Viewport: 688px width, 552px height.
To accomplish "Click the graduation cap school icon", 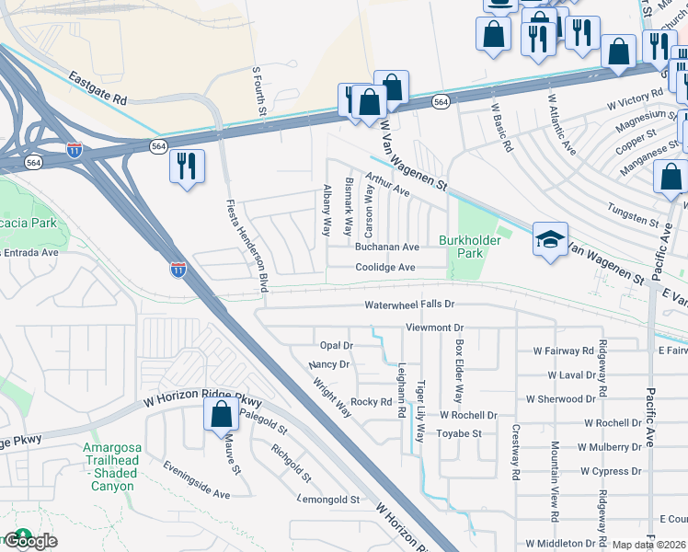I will [550, 240].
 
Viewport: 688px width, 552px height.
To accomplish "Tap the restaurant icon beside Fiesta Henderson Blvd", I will [187, 167].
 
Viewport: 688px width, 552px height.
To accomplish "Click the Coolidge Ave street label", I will [386, 268].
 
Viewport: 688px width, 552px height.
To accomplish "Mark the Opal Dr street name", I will [336, 345].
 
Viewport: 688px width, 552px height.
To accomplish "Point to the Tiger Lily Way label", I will [420, 411].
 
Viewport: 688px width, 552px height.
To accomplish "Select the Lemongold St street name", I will [327, 500].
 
